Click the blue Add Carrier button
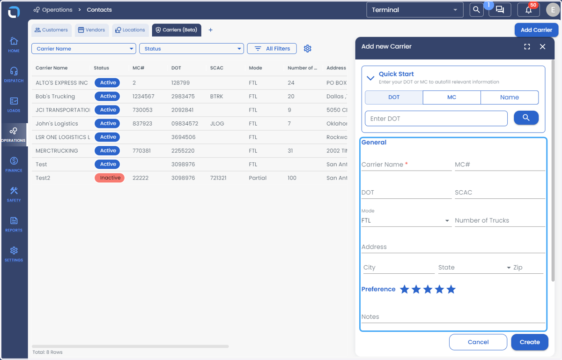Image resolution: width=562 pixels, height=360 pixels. (x=536, y=30)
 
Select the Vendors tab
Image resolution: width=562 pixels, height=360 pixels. (x=92, y=30)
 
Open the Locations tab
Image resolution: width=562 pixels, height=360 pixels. (x=130, y=30)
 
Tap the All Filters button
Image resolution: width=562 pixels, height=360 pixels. (x=272, y=48)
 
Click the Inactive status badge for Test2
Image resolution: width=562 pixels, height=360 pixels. (x=110, y=178)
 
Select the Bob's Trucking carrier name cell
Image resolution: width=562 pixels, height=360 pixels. (x=55, y=97)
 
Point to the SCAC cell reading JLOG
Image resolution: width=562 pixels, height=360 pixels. (x=217, y=123)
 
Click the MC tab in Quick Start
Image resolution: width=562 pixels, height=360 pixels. (x=451, y=97)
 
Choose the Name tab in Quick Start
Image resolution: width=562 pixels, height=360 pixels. (x=510, y=97)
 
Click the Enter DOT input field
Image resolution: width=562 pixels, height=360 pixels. (x=436, y=119)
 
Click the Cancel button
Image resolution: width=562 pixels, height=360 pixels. (x=478, y=342)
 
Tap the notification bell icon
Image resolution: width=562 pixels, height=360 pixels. (x=528, y=10)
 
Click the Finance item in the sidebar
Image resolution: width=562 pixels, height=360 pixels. (x=14, y=165)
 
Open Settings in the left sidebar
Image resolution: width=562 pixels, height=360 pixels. (x=14, y=254)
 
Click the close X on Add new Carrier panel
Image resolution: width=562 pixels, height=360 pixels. (x=542, y=47)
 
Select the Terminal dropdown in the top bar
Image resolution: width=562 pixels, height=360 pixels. (x=415, y=10)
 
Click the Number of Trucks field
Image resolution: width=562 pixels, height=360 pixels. (x=500, y=220)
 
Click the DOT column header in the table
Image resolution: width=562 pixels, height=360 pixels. (x=176, y=68)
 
